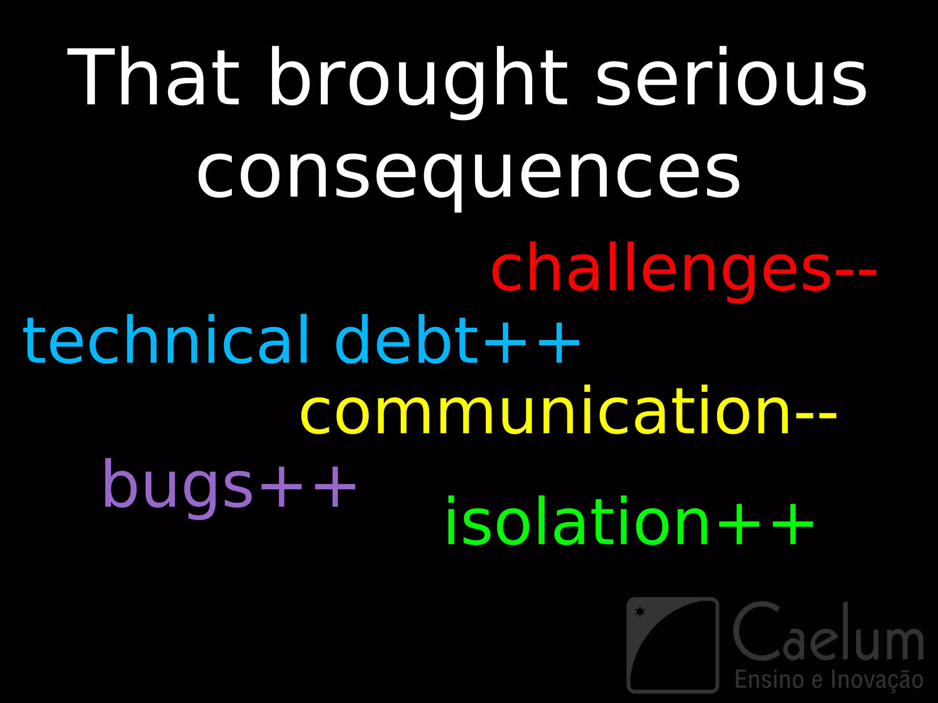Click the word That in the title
[x=153, y=78]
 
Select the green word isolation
[x=577, y=522]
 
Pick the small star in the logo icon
[x=640, y=611]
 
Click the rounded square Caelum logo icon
[x=672, y=644]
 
